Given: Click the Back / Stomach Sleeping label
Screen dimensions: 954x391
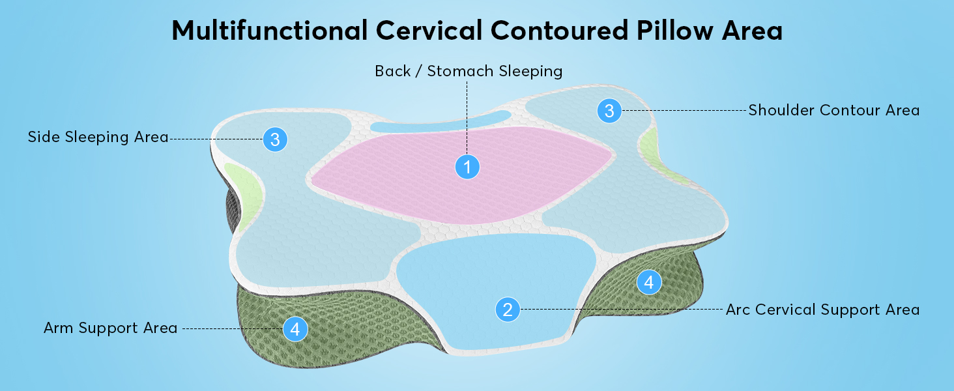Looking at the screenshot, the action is click(468, 71).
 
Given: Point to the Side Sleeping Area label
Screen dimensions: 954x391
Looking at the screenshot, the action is click(98, 137).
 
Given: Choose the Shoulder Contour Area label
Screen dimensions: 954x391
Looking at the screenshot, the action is click(833, 110).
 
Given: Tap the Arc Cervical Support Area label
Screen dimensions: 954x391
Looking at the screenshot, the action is click(822, 310).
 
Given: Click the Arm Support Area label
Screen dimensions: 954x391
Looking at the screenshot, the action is click(110, 328).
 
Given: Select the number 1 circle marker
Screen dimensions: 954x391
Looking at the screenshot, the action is click(467, 167).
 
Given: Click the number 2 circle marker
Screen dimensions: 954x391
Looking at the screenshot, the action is click(508, 310).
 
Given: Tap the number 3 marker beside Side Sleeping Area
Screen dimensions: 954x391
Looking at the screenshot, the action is click(275, 139).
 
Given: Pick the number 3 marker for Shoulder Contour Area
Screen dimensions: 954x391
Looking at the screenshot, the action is click(609, 111).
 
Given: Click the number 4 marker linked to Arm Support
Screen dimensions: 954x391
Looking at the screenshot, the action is click(295, 329).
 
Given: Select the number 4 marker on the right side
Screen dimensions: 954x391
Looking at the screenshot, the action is click(648, 282).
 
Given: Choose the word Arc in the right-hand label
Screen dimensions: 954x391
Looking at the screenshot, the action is click(738, 310).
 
